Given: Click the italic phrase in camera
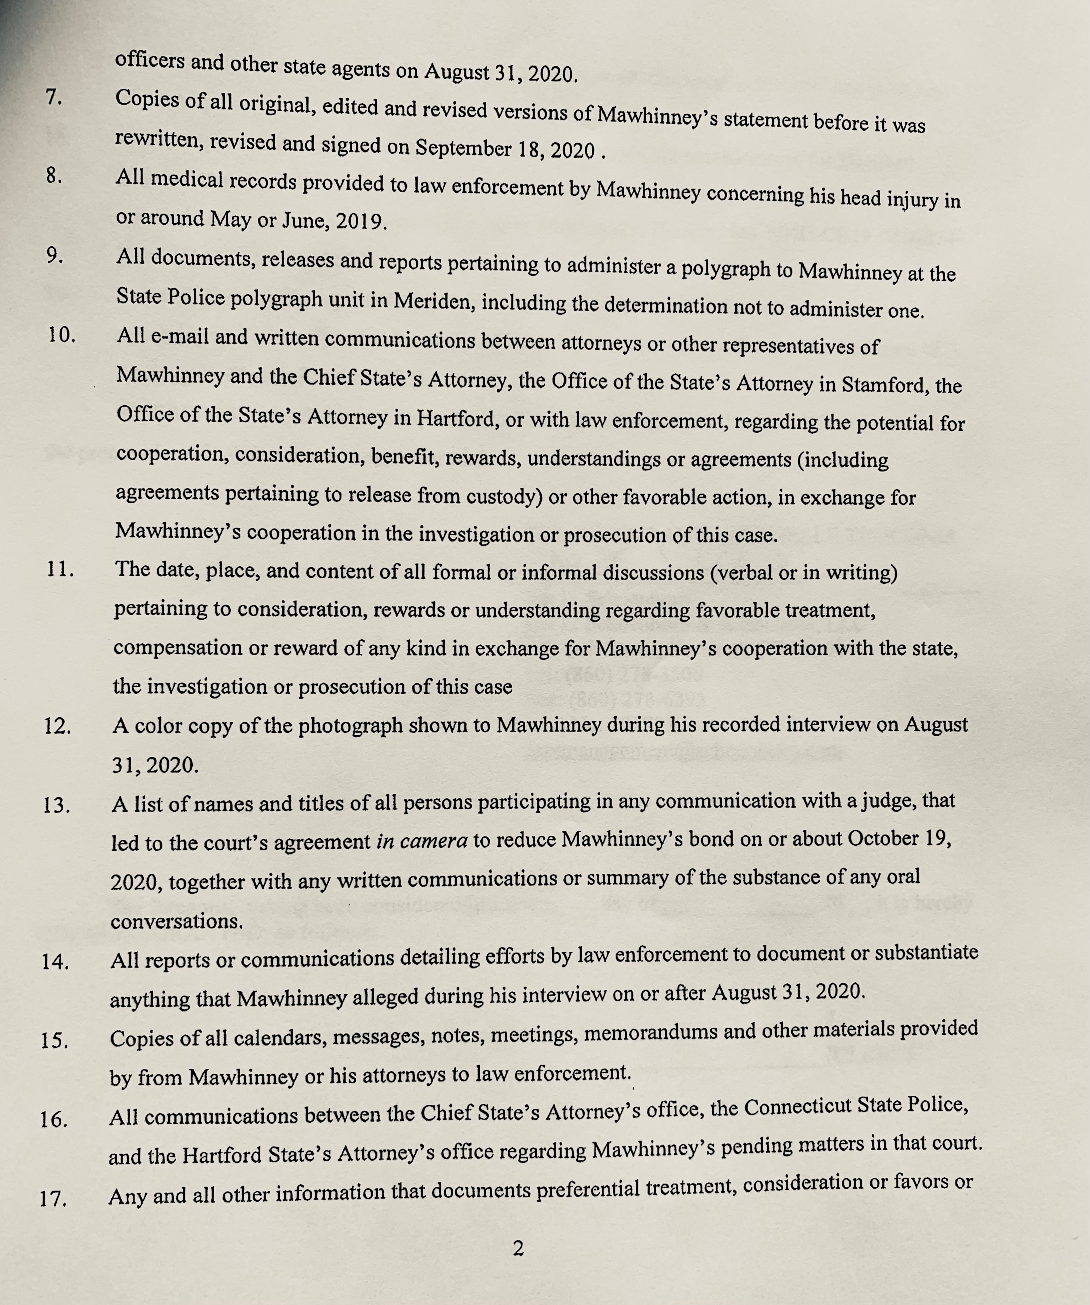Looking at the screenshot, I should (x=422, y=841).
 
